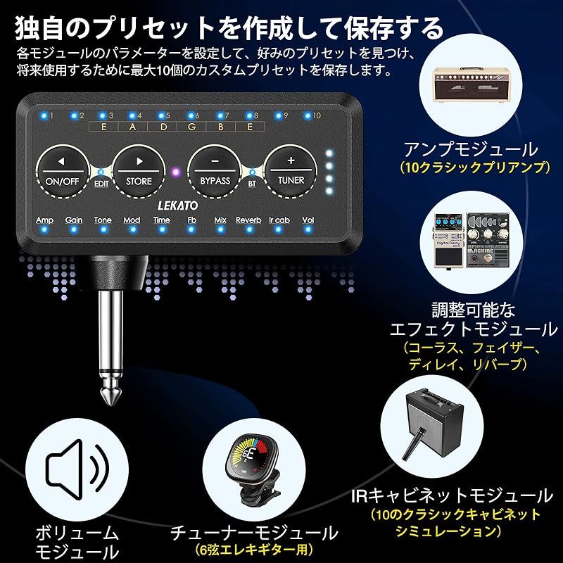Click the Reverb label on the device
click(248, 220)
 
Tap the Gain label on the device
click(74, 220)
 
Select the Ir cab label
click(279, 220)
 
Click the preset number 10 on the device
click(317, 115)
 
